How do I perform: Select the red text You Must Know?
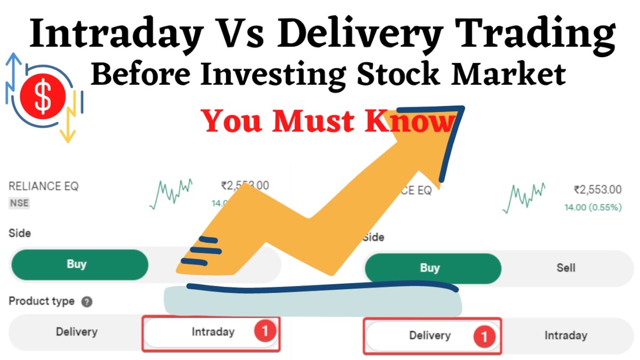pyautogui.click(x=328, y=122)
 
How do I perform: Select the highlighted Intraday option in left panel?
pyautogui.click(x=213, y=332)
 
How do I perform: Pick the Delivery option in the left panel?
pyautogui.click(x=76, y=332)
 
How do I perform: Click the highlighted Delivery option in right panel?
pyautogui.click(x=429, y=335)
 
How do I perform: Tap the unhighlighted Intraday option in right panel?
pyautogui.click(x=565, y=335)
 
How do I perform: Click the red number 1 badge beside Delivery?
pyautogui.click(x=484, y=336)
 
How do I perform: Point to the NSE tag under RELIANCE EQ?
pyautogui.click(x=19, y=203)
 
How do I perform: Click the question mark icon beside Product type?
pyautogui.click(x=86, y=302)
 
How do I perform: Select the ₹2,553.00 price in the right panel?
pyautogui.click(x=597, y=189)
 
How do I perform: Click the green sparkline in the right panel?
pyautogui.click(x=525, y=197)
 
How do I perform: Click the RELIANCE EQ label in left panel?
pyautogui.click(x=44, y=187)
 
